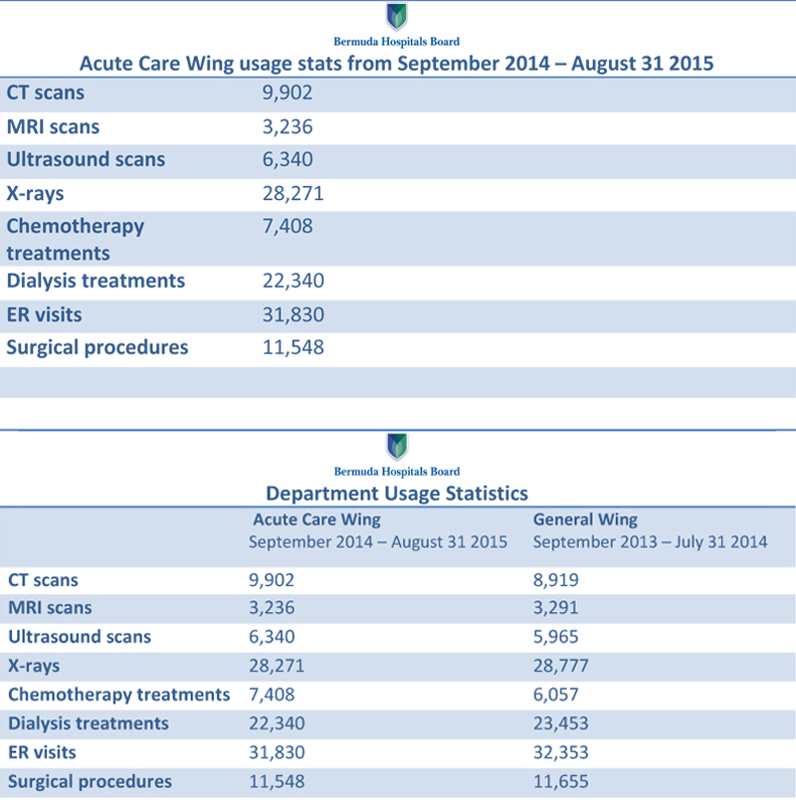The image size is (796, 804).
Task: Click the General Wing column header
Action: [585, 519]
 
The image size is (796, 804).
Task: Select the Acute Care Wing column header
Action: [316, 519]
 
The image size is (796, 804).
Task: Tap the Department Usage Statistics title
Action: [397, 493]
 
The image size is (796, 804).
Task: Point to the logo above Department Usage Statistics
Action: [397, 448]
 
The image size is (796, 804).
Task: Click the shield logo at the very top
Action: [397, 18]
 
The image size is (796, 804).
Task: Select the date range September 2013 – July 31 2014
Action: [650, 542]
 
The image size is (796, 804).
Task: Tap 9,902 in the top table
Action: [287, 94]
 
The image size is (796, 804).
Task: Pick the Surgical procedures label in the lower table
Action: [90, 781]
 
